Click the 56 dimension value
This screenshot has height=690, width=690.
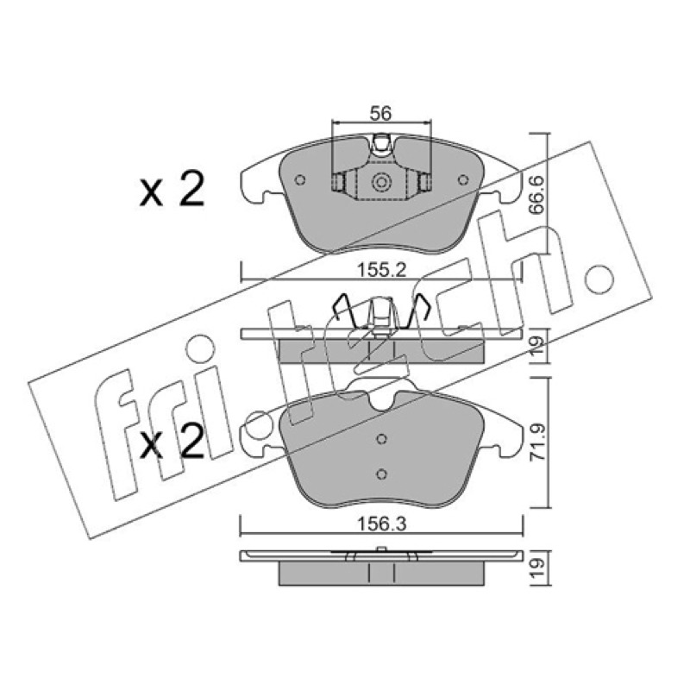pyautogui.click(x=380, y=114)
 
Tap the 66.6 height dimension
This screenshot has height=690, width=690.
pyautogui.click(x=537, y=195)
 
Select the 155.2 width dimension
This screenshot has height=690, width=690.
pyautogui.click(x=381, y=270)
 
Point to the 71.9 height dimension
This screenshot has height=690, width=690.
pyautogui.click(x=537, y=442)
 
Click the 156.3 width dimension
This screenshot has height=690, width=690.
pyautogui.click(x=381, y=524)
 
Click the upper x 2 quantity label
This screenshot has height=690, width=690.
pyautogui.click(x=172, y=190)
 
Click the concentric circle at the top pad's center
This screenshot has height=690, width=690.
pyautogui.click(x=381, y=182)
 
